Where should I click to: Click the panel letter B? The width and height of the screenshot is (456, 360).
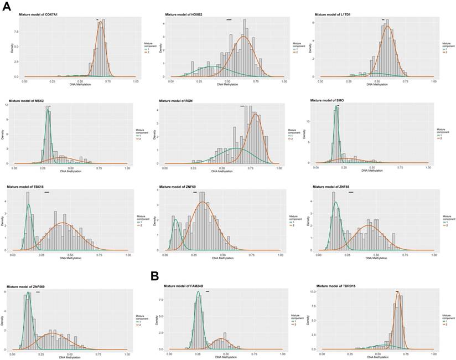click(156, 276)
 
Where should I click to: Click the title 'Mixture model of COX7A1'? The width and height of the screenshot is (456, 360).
click(42, 14)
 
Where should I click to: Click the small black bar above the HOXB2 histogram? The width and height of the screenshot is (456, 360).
click(229, 20)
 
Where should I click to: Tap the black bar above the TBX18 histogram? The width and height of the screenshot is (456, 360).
click(46, 192)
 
